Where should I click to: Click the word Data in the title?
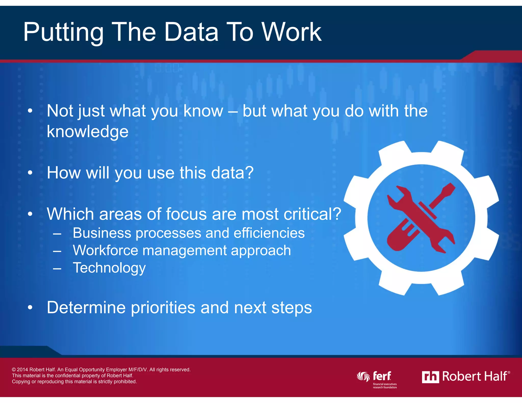(191, 32)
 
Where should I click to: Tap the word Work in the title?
(292, 32)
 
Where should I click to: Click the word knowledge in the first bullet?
(87, 132)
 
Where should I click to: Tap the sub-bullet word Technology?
(109, 268)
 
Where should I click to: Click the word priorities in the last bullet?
(163, 307)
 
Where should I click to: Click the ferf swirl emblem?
(363, 377)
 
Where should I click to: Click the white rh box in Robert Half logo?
(430, 377)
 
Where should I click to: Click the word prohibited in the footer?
(126, 382)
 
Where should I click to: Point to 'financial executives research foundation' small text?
(385, 386)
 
